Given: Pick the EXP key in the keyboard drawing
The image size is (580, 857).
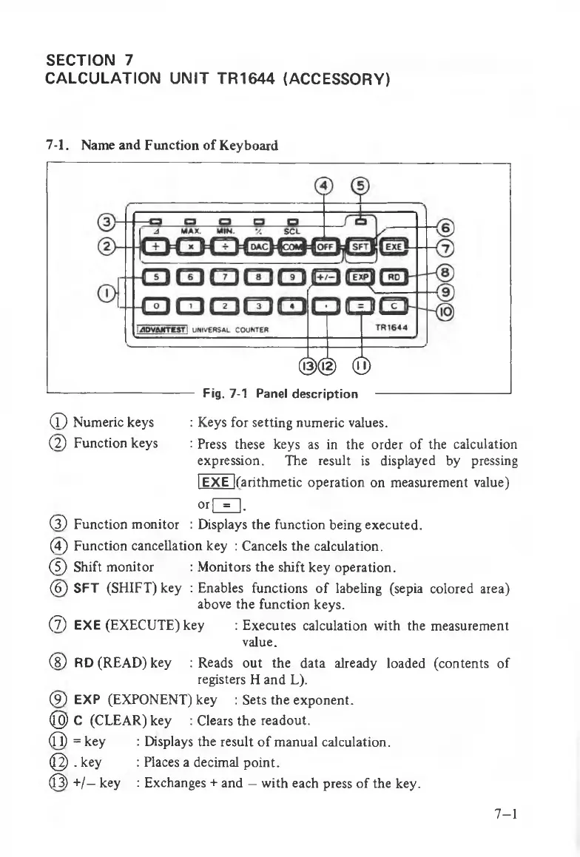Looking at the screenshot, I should (360, 277).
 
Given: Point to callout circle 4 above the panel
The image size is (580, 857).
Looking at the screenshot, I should (323, 186).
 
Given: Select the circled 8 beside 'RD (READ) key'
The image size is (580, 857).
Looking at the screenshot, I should (55, 663).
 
